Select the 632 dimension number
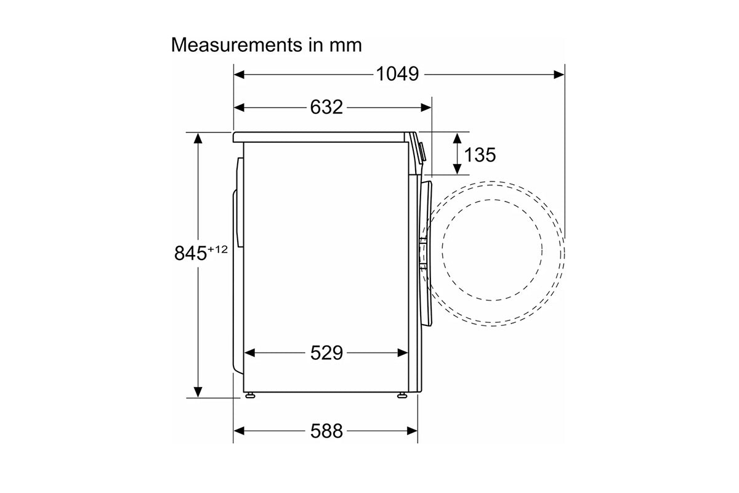pyautogui.click(x=326, y=107)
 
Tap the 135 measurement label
pyautogui.click(x=480, y=155)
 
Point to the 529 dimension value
pyautogui.click(x=326, y=352)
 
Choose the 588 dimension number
pyautogui.click(x=326, y=431)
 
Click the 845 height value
pyautogui.click(x=190, y=253)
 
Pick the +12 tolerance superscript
pyautogui.click(x=218, y=250)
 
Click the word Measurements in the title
pyautogui.click(x=236, y=44)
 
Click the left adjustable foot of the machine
pyautogui.click(x=250, y=395)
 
